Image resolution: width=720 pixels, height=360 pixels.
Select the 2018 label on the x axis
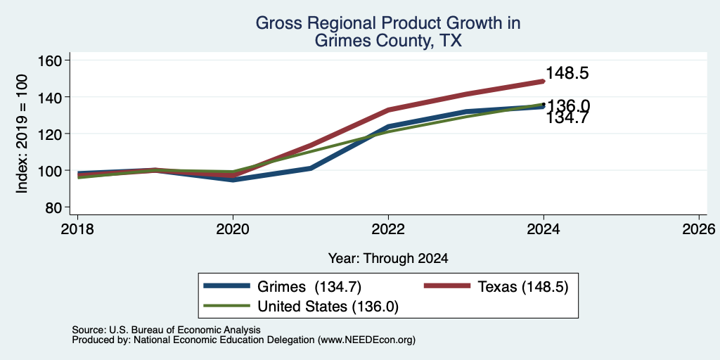(x=77, y=229)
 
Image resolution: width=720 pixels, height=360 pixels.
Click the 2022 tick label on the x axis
(x=388, y=229)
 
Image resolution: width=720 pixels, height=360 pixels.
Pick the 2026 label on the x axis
(x=699, y=229)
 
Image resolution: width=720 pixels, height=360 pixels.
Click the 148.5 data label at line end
(x=567, y=73)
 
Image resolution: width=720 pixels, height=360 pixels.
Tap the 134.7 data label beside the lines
(x=567, y=118)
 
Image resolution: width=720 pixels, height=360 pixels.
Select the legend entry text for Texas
(x=523, y=287)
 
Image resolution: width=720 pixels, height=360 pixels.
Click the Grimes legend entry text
(x=309, y=287)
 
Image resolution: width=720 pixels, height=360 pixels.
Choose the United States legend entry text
(x=328, y=307)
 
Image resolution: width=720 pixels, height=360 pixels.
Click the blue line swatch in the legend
(x=227, y=286)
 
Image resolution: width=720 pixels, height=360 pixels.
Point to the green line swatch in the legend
(x=227, y=306)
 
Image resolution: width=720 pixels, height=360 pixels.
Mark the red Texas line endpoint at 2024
(x=544, y=82)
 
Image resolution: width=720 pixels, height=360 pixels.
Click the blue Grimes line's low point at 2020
(x=233, y=179)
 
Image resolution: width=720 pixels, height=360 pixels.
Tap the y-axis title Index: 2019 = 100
(x=22, y=134)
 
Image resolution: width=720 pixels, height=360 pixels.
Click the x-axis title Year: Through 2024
(x=388, y=259)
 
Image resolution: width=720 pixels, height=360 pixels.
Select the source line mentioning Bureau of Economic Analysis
(x=166, y=330)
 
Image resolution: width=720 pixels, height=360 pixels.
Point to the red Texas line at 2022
(x=388, y=110)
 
